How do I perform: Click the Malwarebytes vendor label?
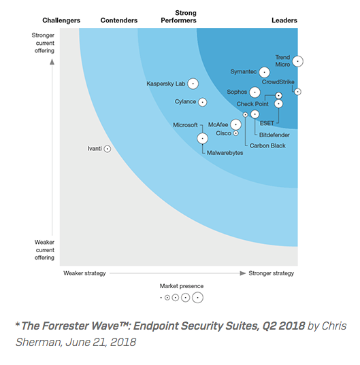click(x=225, y=153)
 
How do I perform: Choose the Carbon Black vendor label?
click(x=267, y=145)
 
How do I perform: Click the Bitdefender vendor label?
click(x=274, y=135)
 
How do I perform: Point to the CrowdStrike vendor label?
click(x=278, y=82)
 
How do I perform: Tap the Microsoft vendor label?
click(x=185, y=125)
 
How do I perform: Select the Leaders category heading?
click(x=284, y=20)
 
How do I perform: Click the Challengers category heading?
click(x=61, y=20)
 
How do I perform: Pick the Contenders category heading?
click(x=119, y=20)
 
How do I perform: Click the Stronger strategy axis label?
click(x=272, y=273)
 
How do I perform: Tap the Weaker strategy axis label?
click(x=84, y=273)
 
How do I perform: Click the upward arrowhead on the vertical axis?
click(x=52, y=62)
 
